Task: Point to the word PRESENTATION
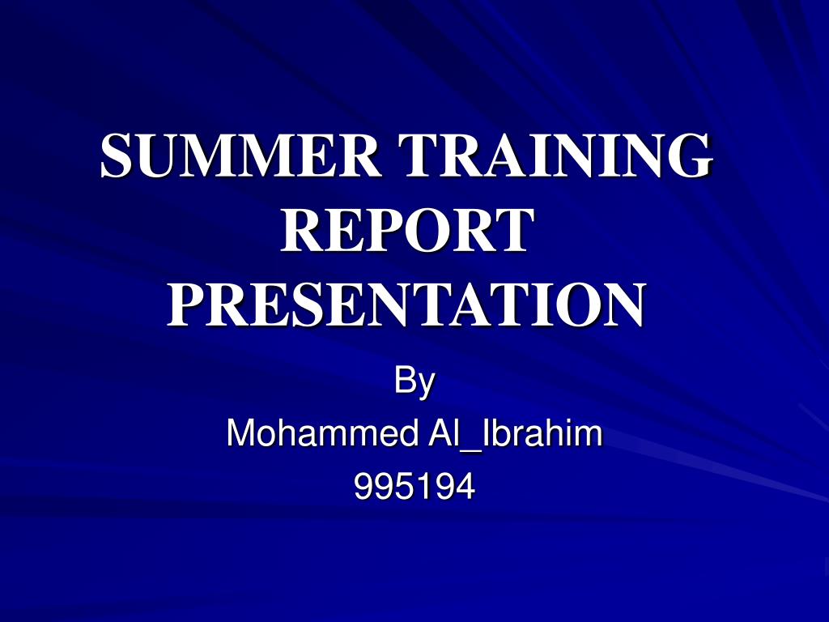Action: click(408, 305)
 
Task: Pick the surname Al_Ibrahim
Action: click(514, 435)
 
